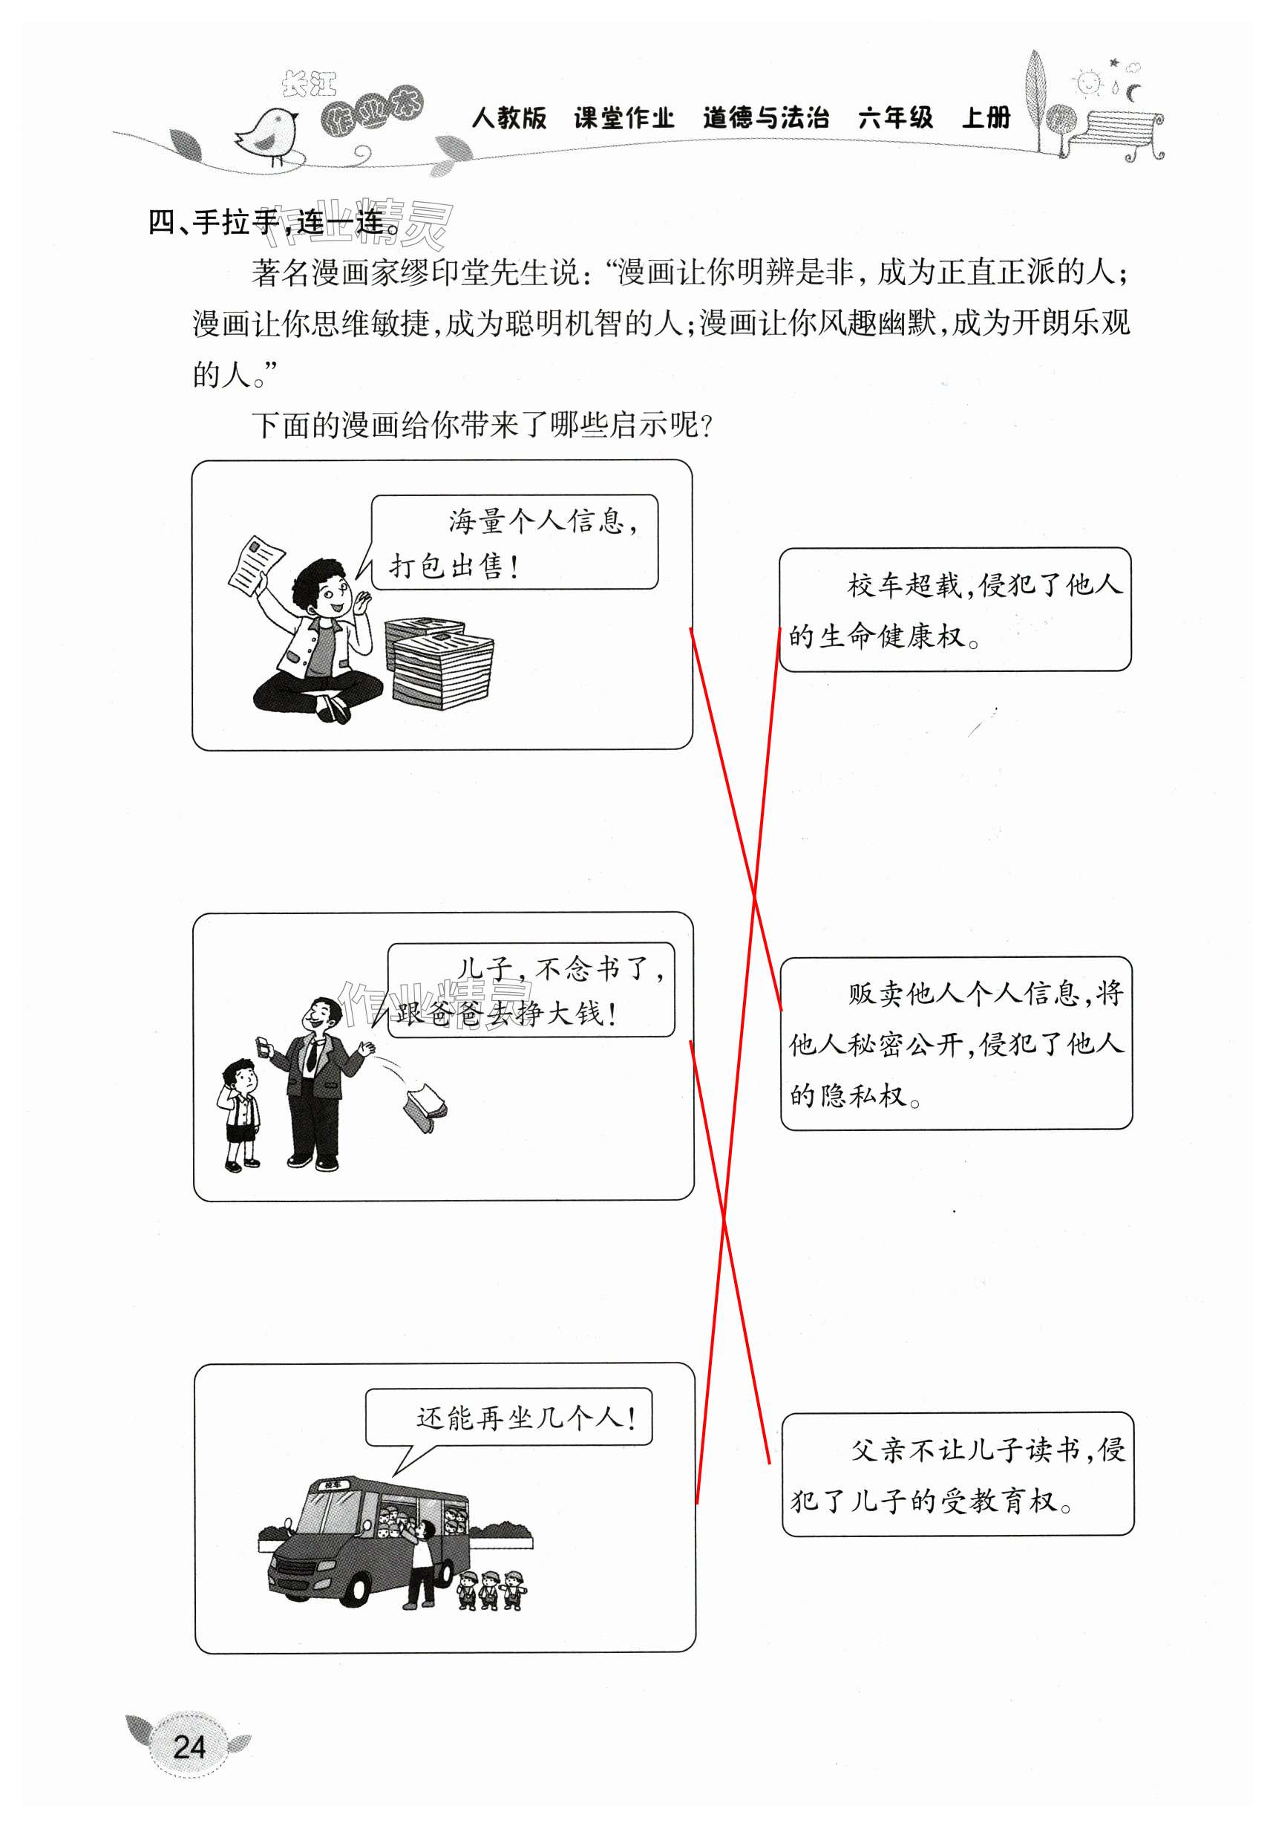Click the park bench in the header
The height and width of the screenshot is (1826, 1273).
[1118, 134]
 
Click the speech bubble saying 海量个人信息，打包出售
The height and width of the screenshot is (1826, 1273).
[514, 542]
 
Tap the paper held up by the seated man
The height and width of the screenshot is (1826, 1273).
[255, 564]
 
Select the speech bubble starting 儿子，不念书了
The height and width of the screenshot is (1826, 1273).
[530, 990]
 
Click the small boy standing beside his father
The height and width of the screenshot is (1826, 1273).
[241, 1114]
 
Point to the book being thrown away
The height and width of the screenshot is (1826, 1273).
[426, 1106]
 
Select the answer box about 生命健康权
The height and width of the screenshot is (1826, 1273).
[954, 609]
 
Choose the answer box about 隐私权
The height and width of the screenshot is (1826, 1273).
[956, 1043]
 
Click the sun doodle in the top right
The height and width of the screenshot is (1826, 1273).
[1088, 82]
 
